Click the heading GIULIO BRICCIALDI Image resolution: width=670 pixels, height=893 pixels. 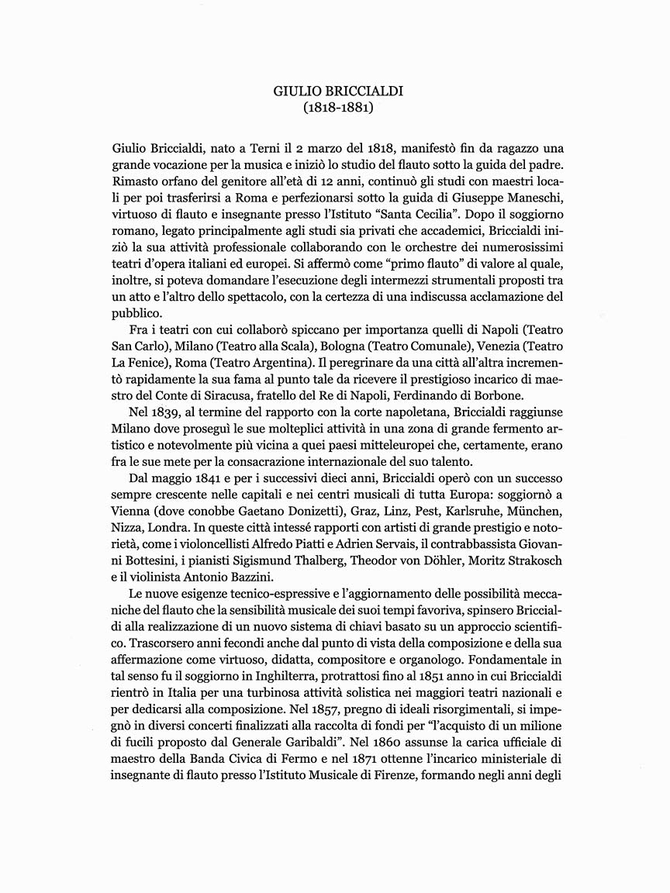click(x=338, y=91)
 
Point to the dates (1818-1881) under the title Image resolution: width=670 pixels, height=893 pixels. click(x=338, y=108)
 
